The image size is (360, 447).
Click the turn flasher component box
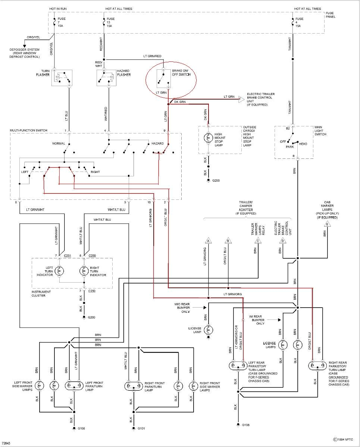point(62,78)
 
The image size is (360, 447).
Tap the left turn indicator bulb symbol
point(59,271)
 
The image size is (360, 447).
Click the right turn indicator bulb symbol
point(84,271)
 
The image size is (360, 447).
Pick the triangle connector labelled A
point(208,240)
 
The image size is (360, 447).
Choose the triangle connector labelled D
point(282,240)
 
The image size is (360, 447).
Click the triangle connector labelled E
point(328,224)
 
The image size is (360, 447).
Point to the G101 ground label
point(141,429)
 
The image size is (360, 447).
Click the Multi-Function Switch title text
point(29,130)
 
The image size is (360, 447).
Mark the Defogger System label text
point(25,53)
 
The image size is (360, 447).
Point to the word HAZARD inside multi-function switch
point(157,144)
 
